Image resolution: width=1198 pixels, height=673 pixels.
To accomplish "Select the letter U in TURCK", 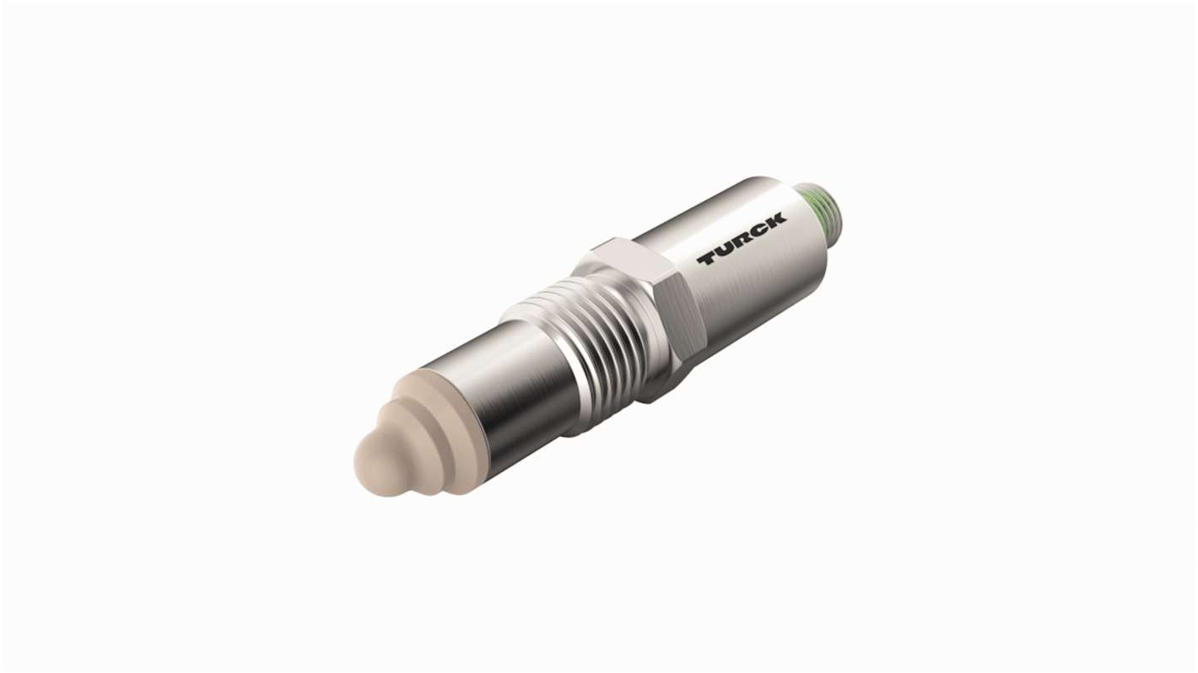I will [724, 250].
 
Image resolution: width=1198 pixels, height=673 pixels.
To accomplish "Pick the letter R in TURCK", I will [741, 240].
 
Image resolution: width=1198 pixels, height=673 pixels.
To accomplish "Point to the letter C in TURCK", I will [758, 230].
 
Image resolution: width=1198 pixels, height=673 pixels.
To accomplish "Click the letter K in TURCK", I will [775, 220].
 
